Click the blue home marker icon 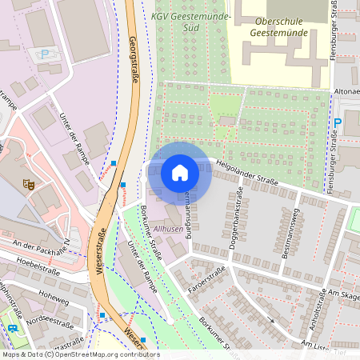pyautogui.click(x=180, y=172)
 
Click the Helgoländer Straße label pyautogui.click(x=247, y=177)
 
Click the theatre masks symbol pyautogui.click(x=30, y=184)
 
